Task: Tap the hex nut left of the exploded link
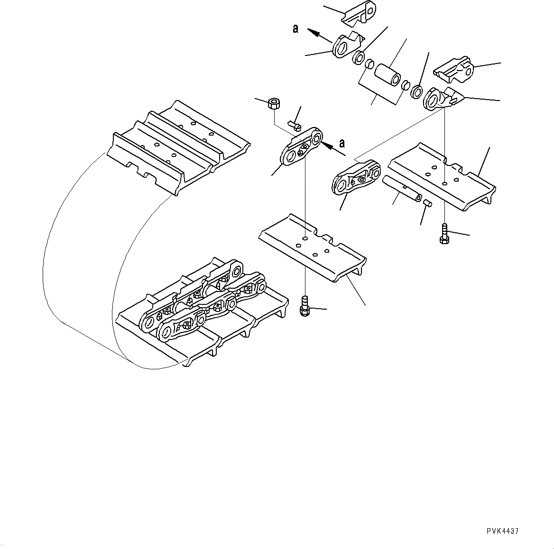pyautogui.click(x=273, y=103)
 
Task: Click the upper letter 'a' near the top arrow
pyautogui.click(x=295, y=29)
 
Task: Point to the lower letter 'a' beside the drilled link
pyautogui.click(x=342, y=143)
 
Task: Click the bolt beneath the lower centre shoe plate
pyautogui.click(x=305, y=306)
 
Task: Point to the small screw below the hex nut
pyautogui.click(x=295, y=126)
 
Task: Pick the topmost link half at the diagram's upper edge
pyautogui.click(x=359, y=13)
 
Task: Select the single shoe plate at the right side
pyautogui.click(x=441, y=175)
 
